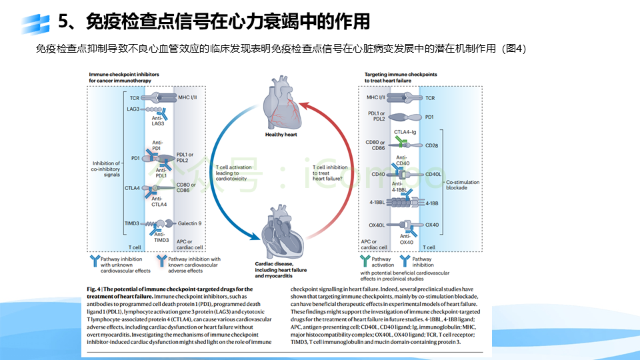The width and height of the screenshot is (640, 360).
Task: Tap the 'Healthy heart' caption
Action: click(x=281, y=134)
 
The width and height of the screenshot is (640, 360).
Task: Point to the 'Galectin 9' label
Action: click(x=189, y=223)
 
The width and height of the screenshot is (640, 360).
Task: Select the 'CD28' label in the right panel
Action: click(x=431, y=145)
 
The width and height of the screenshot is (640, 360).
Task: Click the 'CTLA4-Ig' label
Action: click(x=406, y=132)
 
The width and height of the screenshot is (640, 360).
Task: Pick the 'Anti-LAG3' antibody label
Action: click(x=158, y=121)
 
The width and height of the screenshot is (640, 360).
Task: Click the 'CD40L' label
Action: click(x=433, y=174)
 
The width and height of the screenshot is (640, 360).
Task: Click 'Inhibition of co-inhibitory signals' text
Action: click(x=106, y=169)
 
